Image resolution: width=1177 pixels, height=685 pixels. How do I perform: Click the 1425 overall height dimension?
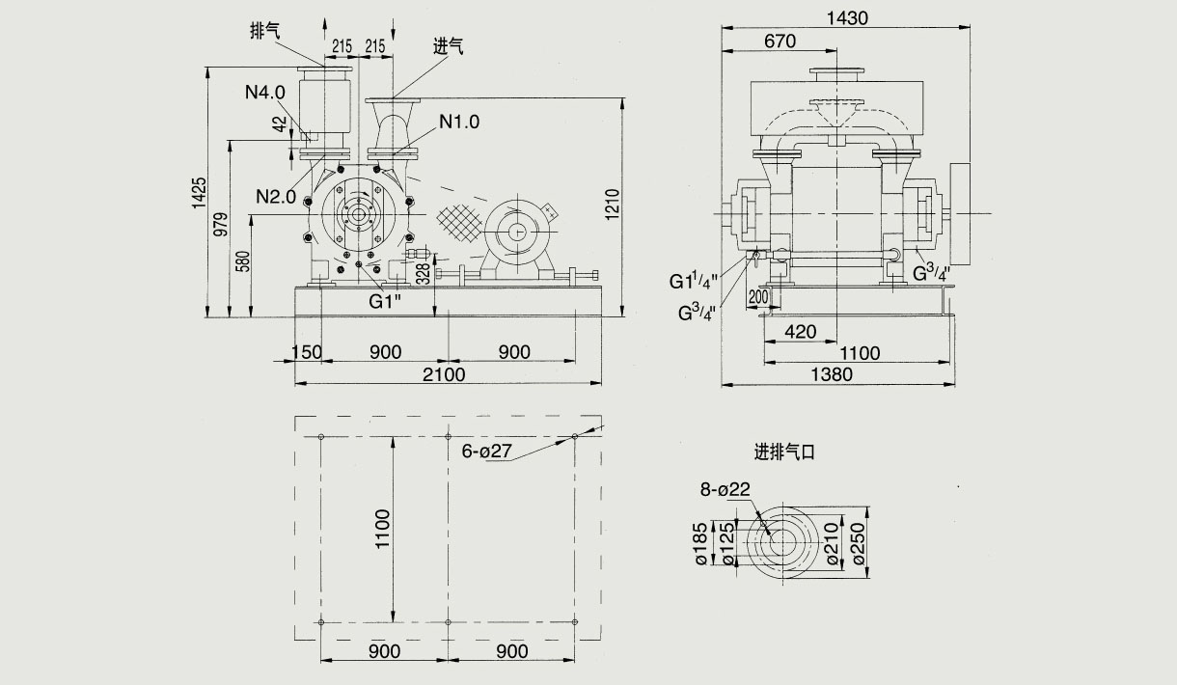coord(199,192)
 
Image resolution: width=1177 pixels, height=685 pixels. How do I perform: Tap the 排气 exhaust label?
coord(264,31)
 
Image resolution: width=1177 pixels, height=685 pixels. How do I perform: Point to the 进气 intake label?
coord(449,46)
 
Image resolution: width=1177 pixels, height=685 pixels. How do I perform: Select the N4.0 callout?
coord(264,93)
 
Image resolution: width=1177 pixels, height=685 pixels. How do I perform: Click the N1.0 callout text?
coord(459,122)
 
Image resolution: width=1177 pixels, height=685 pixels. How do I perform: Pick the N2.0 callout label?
coord(276,196)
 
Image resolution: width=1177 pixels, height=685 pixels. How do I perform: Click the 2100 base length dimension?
coord(445,374)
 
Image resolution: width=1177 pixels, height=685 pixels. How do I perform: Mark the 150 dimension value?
coord(306,352)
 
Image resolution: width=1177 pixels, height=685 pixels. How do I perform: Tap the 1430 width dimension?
coord(848,18)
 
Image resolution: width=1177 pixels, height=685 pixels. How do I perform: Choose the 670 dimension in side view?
coord(779,41)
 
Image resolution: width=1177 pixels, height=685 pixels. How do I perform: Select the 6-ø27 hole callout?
coord(485,452)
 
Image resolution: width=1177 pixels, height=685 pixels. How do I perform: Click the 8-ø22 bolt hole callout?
coord(725,489)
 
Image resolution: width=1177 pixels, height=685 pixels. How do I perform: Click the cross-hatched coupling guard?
coord(458,223)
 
